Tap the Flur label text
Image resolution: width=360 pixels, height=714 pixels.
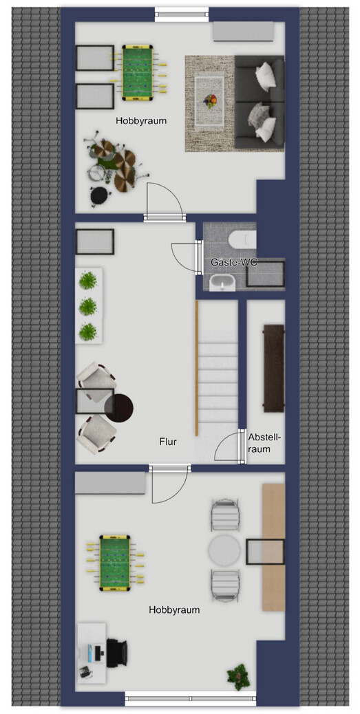click(x=168, y=441)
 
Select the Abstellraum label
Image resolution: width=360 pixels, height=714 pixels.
click(x=265, y=442)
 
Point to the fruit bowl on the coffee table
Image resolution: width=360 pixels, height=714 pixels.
click(x=210, y=100)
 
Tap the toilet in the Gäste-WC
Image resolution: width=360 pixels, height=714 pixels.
click(x=244, y=239)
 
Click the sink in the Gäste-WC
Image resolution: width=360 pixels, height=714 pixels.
click(x=223, y=283)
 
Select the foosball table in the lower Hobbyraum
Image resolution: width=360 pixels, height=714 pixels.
click(x=115, y=563)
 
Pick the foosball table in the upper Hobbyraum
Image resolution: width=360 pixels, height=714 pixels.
click(x=138, y=72)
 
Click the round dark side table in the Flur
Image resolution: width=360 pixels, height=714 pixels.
click(x=119, y=408)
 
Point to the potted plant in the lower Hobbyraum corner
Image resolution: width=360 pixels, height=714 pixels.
click(x=238, y=677)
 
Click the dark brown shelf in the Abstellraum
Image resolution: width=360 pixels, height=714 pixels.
click(x=274, y=369)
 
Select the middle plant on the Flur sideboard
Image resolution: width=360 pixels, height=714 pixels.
click(x=88, y=307)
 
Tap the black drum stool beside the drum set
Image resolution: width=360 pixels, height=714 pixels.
click(x=100, y=196)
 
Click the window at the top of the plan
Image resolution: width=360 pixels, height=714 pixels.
click(x=182, y=14)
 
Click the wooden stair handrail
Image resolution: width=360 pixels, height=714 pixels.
click(x=197, y=368)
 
